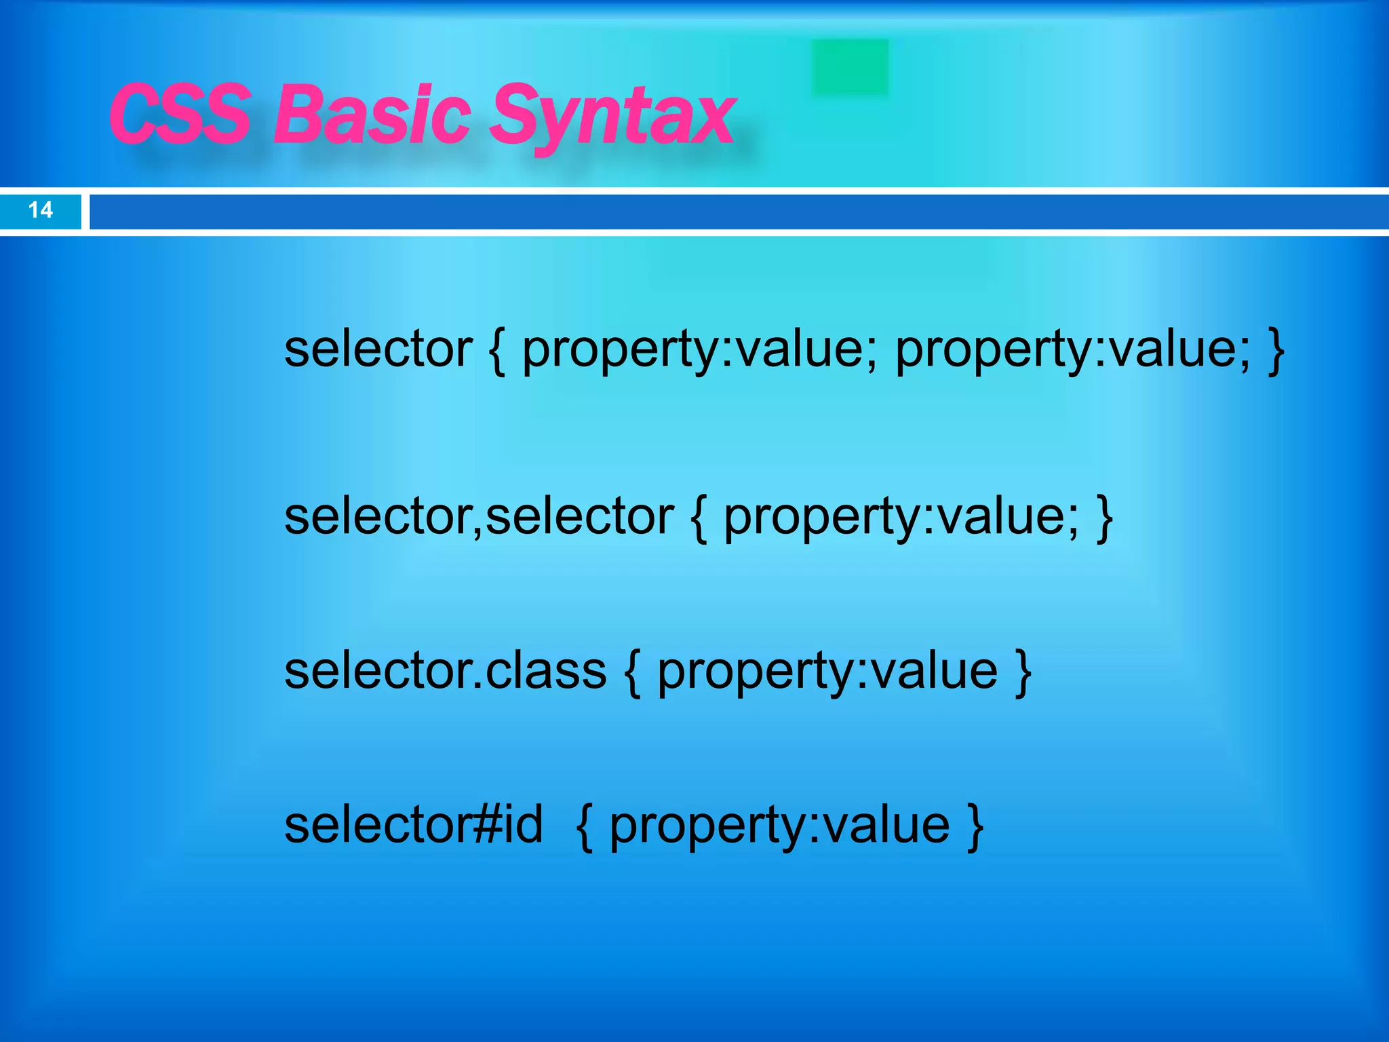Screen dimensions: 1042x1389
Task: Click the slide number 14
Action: point(41,210)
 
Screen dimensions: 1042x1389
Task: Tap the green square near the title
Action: point(850,67)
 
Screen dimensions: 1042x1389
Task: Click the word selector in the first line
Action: point(378,349)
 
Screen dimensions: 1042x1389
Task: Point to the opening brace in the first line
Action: point(497,351)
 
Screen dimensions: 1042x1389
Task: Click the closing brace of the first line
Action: point(1276,351)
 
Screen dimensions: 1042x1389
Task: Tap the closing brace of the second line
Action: point(1105,518)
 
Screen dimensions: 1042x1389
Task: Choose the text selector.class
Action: point(445,671)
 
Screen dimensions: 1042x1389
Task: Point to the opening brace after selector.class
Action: point(632,672)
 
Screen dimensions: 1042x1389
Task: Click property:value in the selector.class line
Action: point(827,672)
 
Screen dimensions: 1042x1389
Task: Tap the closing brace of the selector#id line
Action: point(975,826)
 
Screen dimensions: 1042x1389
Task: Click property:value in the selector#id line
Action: point(779,826)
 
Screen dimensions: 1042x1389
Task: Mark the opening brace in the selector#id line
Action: point(585,826)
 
